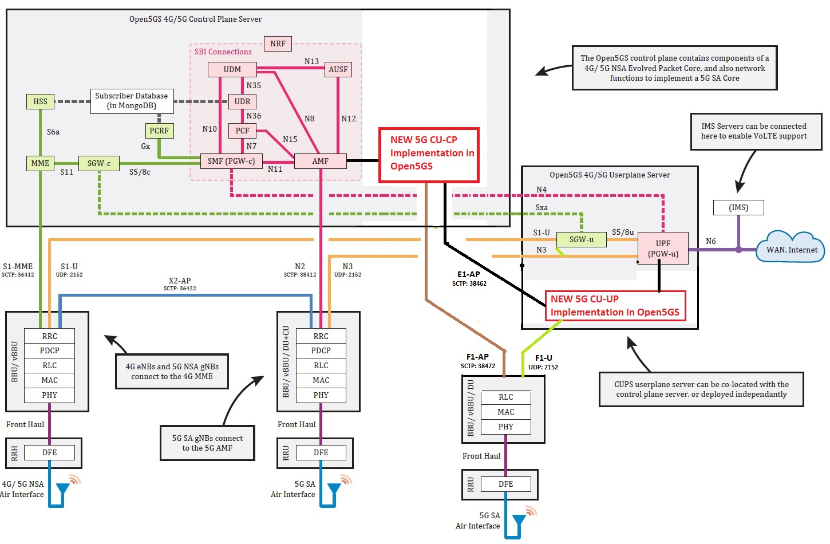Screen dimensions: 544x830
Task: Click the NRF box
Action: [x=278, y=44]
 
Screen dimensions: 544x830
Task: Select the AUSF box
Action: [x=338, y=69]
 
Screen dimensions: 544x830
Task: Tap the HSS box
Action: [x=40, y=101]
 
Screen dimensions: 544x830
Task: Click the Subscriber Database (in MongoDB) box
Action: [x=131, y=101]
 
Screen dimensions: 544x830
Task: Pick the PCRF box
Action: [x=159, y=131]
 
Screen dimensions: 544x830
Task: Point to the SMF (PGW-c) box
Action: [x=231, y=161]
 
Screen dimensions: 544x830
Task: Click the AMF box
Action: [x=320, y=161]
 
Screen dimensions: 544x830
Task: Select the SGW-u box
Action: [x=581, y=239]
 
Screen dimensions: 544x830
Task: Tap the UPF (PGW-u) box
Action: [x=663, y=249]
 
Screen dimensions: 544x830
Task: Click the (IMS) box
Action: [x=738, y=207]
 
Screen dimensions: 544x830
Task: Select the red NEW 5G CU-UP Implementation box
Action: [x=615, y=306]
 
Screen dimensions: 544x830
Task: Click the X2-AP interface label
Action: [x=180, y=281]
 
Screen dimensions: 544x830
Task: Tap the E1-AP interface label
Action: [x=469, y=274]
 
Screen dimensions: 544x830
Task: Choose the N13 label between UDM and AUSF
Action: [x=311, y=61]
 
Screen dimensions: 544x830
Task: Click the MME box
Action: [x=40, y=163]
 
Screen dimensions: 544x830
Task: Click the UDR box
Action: [x=242, y=101]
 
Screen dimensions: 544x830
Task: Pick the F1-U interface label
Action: [x=543, y=358]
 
